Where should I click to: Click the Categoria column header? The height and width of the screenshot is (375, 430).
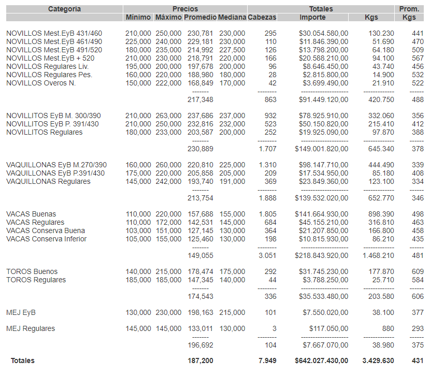pyautogui.click(x=64, y=9)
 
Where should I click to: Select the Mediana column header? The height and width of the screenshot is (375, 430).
pyautogui.click(x=232, y=18)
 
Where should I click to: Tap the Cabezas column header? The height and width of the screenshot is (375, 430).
pyautogui.click(x=262, y=18)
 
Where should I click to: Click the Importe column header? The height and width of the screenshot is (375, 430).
pyautogui.click(x=313, y=18)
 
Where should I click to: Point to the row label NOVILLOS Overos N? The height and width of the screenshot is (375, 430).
pyautogui.click(x=41, y=83)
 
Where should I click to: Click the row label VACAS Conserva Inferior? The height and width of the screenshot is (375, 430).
pyautogui.click(x=46, y=239)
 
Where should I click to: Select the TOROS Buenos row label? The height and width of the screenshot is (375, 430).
pyautogui.click(x=32, y=271)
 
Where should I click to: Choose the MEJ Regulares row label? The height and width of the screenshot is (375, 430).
pyautogui.click(x=31, y=328)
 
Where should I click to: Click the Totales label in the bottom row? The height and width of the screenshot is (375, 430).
pyautogui.click(x=23, y=360)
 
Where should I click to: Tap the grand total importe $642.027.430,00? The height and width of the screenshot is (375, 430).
pyautogui.click(x=321, y=360)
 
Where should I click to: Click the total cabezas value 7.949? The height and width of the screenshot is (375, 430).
pyautogui.click(x=267, y=360)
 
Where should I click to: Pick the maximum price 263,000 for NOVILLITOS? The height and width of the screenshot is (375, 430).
pyautogui.click(x=168, y=116)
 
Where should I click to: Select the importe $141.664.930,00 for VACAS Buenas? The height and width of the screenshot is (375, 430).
pyautogui.click(x=323, y=214)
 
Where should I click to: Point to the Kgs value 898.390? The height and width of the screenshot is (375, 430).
pyautogui.click(x=381, y=214)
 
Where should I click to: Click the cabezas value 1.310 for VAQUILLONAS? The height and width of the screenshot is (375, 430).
pyautogui.click(x=267, y=165)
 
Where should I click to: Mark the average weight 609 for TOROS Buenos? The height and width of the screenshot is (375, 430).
pyautogui.click(x=418, y=271)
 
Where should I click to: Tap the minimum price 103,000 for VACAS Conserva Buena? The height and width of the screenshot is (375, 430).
pyautogui.click(x=138, y=230)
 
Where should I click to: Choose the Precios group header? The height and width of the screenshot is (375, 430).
pyautogui.click(x=185, y=9)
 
